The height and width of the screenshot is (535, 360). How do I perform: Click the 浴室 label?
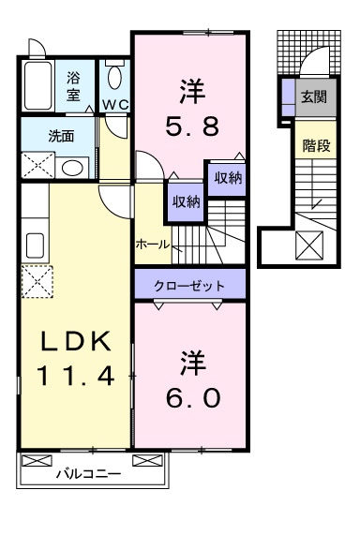point(73,88)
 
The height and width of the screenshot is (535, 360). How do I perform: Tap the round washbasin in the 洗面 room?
point(70,168)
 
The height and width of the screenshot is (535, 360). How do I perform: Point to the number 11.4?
point(76,376)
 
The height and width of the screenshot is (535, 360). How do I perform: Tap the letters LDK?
point(76,341)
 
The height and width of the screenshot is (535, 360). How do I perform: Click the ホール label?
point(152,244)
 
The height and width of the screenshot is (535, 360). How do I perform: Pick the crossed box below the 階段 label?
point(308,246)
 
